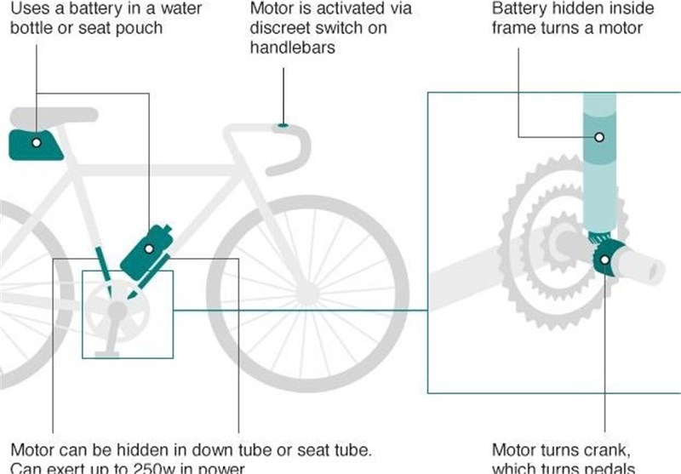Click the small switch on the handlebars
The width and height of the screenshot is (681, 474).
tap(284, 125)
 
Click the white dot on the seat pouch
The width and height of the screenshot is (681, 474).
tap(36, 143)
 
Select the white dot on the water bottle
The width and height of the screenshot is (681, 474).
tap(148, 248)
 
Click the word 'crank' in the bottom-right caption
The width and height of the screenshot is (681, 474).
tap(604, 448)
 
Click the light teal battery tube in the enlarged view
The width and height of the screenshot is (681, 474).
tap(599, 153)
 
